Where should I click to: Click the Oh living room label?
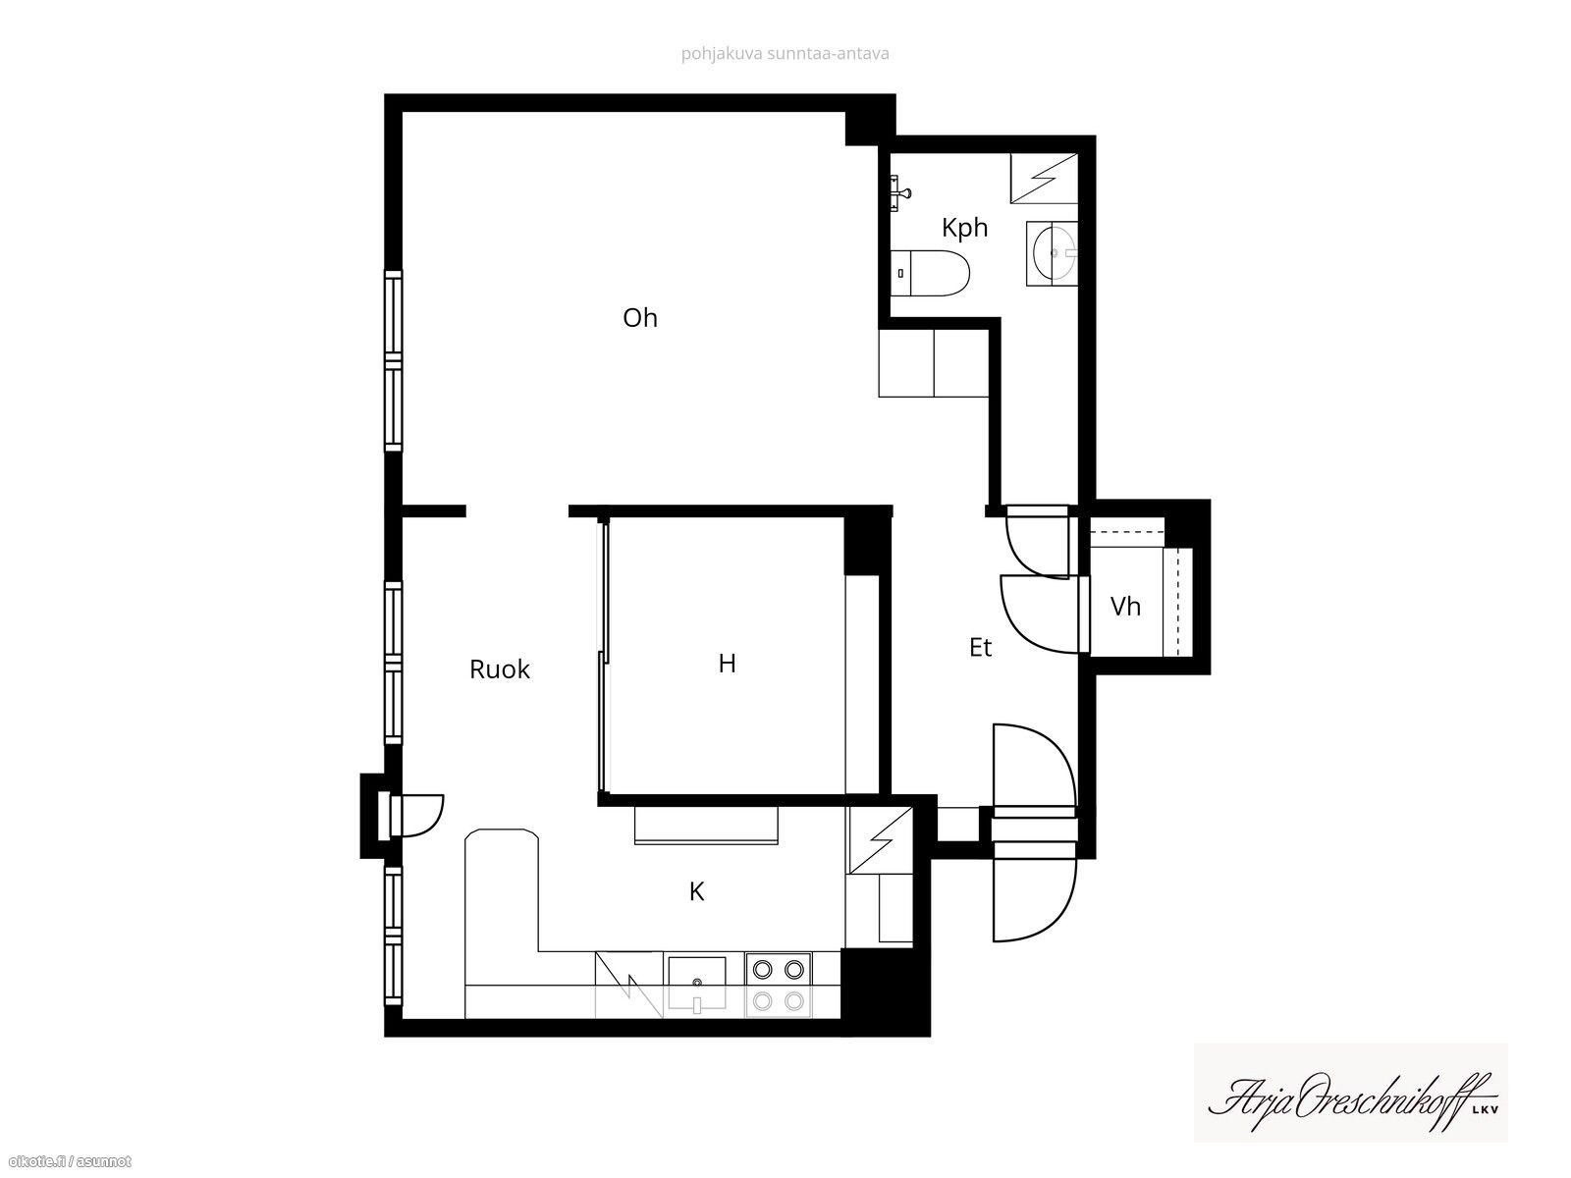tap(640, 318)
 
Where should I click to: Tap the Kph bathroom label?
tap(964, 228)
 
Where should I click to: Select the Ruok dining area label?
tap(500, 669)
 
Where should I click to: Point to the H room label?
tap(728, 664)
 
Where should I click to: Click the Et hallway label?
tap(981, 647)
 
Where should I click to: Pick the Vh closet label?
tap(1125, 607)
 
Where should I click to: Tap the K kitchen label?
tap(696, 891)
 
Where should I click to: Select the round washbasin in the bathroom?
tap(1053, 253)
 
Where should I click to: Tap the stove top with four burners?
tap(778, 985)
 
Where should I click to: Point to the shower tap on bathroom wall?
tap(899, 192)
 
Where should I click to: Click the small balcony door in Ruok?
tap(416, 815)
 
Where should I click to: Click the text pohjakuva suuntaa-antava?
tap(785, 54)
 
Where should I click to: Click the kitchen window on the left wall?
tap(393, 936)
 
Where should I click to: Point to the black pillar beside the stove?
tap(886, 990)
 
